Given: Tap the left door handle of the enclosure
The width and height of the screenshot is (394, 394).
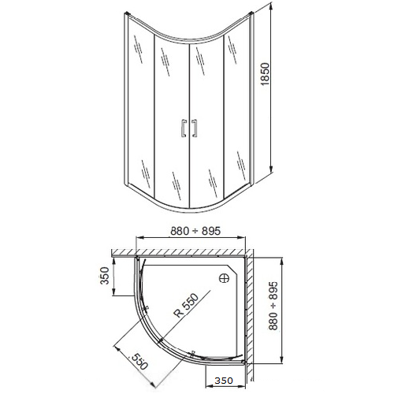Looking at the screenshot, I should point(184,128).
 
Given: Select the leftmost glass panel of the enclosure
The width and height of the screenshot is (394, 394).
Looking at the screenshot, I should point(138,106).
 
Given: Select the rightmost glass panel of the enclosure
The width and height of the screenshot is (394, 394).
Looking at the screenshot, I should point(238,106).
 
